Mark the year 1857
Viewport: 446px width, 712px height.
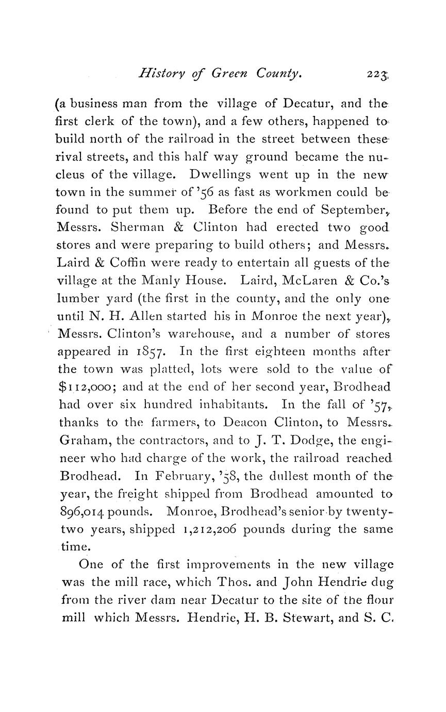click(151, 351)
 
